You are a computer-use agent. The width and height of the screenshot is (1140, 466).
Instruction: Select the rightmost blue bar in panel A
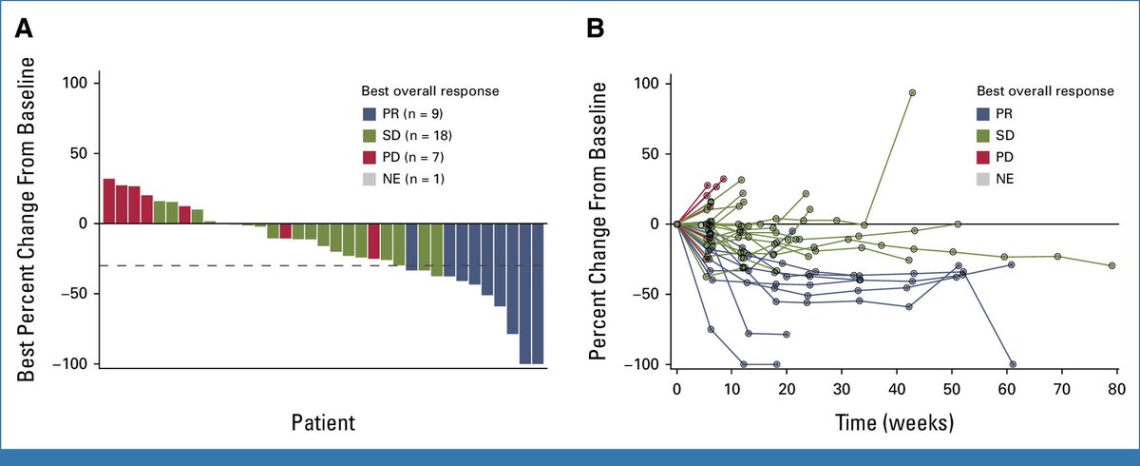coord(538,293)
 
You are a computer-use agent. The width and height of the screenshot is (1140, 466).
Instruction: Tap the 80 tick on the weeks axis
coord(1116,389)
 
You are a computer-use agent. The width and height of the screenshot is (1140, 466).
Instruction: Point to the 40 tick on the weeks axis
coord(896,389)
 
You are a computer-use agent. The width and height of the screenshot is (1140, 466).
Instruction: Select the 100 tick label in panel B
coord(648,84)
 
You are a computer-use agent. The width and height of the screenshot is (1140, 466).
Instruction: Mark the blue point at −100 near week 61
coord(1013,364)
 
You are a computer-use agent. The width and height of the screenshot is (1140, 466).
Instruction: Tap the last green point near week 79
coord(1111,265)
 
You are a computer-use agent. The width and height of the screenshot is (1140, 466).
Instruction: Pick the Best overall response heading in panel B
coord(1045,91)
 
